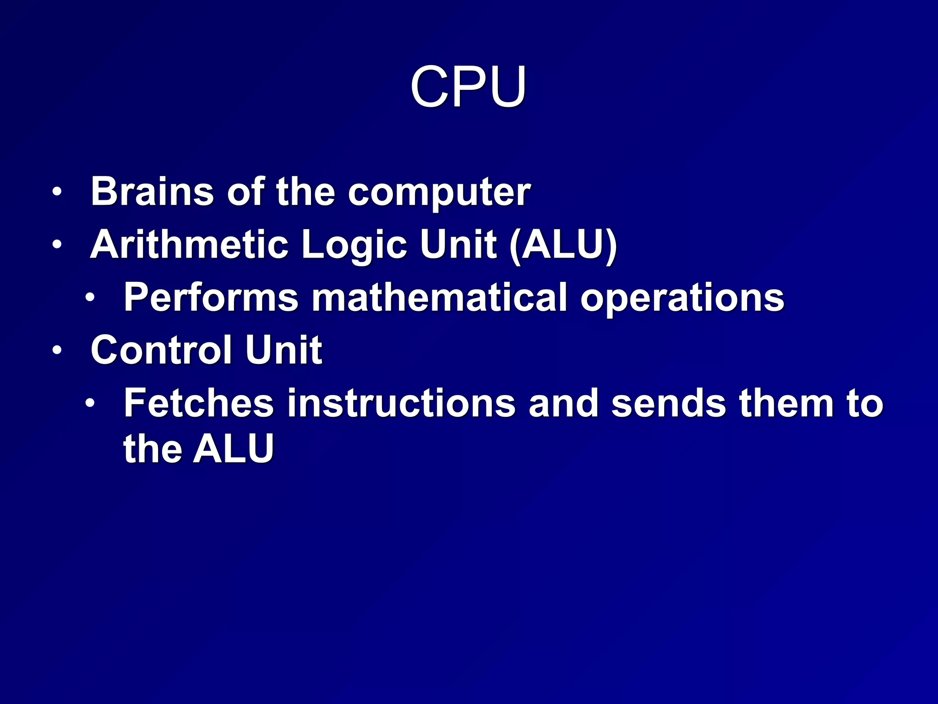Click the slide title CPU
click(x=468, y=87)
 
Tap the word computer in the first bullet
click(x=439, y=192)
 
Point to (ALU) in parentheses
click(x=563, y=246)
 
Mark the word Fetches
click(x=199, y=403)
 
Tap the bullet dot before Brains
click(x=56, y=192)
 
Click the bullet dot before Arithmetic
click(x=56, y=244)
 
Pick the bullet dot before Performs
click(x=90, y=297)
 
